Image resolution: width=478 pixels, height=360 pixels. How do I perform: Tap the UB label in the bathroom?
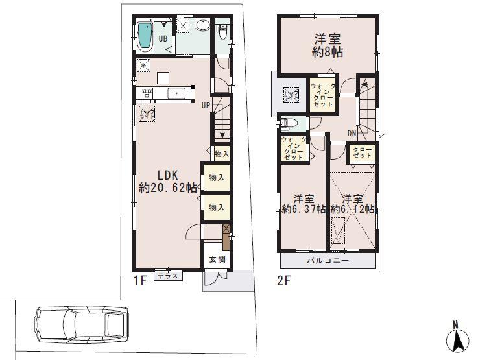[163, 38]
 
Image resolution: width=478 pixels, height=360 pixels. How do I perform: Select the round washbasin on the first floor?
[202, 27]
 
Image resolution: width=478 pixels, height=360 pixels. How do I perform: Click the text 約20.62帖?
[168, 188]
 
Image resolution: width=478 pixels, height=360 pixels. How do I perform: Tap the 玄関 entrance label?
[216, 259]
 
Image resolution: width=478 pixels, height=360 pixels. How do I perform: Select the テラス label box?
[169, 276]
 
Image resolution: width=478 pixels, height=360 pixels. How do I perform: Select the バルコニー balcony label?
[328, 261]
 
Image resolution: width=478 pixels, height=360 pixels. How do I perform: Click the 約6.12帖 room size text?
[352, 209]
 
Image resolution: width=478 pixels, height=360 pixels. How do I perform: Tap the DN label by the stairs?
[352, 134]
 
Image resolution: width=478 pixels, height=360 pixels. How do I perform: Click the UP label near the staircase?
[206, 105]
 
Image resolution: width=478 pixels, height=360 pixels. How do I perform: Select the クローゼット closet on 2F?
[363, 153]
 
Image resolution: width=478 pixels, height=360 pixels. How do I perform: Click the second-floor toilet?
[289, 123]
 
